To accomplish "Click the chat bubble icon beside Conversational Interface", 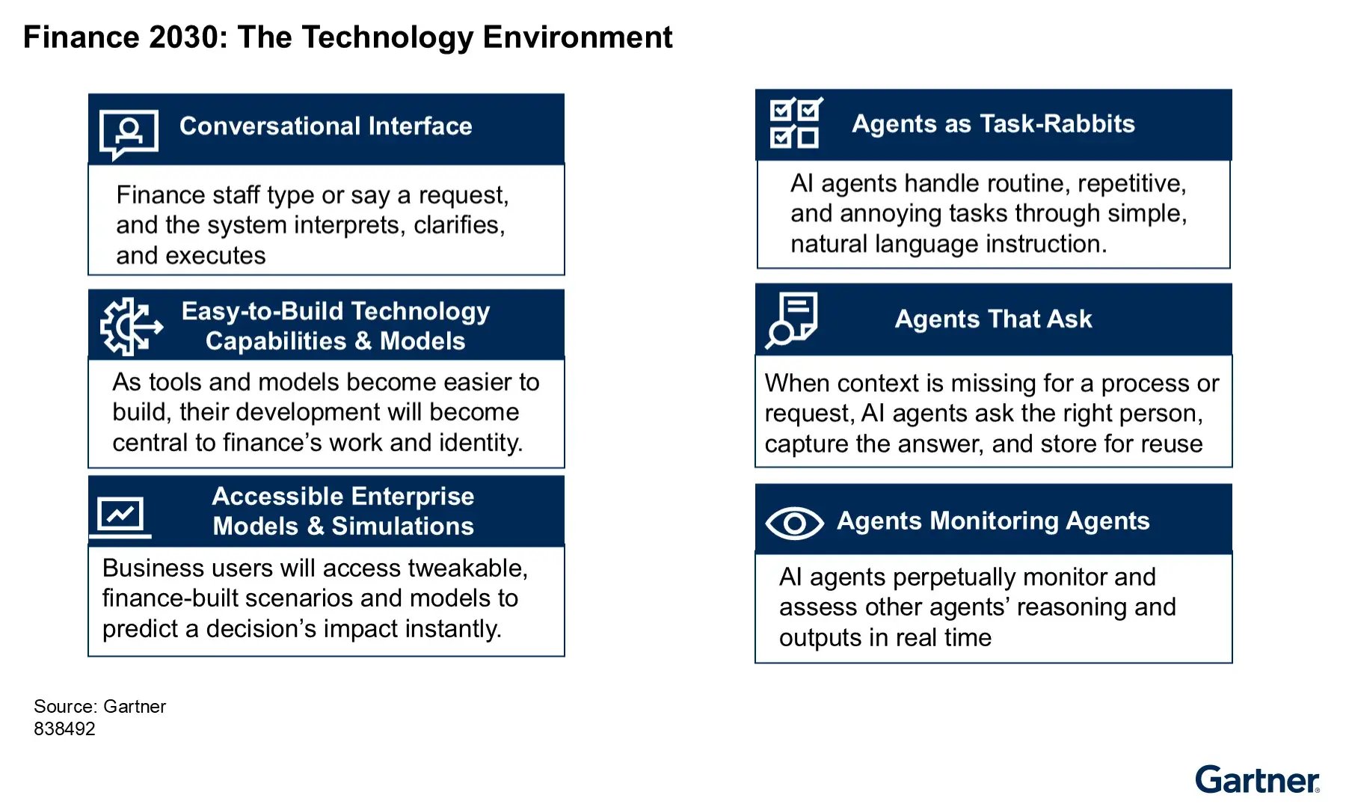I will click(x=129, y=134).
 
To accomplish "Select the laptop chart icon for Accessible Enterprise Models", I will click(x=120, y=516).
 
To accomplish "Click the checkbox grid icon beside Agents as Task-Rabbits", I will click(x=796, y=123).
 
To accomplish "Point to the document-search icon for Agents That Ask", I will click(x=792, y=319).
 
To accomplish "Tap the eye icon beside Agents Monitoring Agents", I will click(x=794, y=523).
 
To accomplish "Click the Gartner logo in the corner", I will click(x=1257, y=779).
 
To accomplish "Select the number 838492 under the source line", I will click(x=64, y=728).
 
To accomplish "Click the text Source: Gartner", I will click(x=99, y=706).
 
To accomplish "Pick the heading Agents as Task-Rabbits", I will click(x=993, y=123).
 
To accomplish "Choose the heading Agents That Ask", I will click(x=993, y=319).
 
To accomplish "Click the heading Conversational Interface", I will click(x=325, y=126).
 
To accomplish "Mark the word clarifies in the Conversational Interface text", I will click(x=459, y=225).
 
